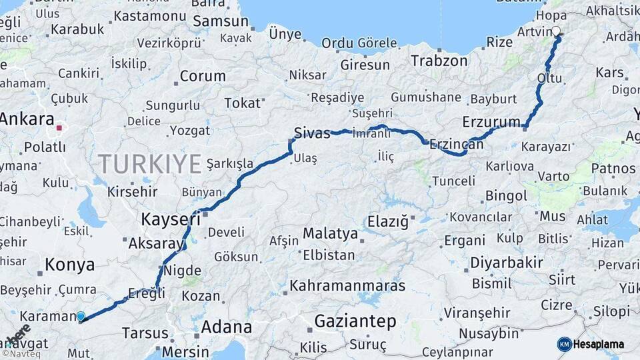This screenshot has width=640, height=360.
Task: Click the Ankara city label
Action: click(x=27, y=119)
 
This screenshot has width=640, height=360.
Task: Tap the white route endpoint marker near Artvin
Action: click(x=556, y=31)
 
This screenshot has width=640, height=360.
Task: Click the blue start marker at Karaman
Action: click(x=81, y=317)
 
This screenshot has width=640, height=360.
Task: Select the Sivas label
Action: click(x=312, y=133)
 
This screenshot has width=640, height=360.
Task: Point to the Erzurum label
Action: click(x=491, y=121)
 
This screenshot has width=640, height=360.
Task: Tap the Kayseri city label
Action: click(x=171, y=219)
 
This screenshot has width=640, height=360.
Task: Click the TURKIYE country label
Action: click(x=150, y=163)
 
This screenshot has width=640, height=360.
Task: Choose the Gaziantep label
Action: click(x=355, y=321)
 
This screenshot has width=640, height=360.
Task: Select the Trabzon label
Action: click(x=439, y=61)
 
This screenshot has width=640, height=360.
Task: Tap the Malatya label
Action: click(x=330, y=233)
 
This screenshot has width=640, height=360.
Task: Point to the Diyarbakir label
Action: click(x=507, y=263)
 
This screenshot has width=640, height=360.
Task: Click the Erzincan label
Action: click(x=457, y=143)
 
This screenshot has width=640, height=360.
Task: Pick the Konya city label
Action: click(x=69, y=265)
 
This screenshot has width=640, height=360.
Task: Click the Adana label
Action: click(x=227, y=327)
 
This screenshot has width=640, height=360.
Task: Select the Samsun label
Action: click(x=221, y=21)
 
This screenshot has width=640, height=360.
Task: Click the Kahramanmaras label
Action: click(x=347, y=285)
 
